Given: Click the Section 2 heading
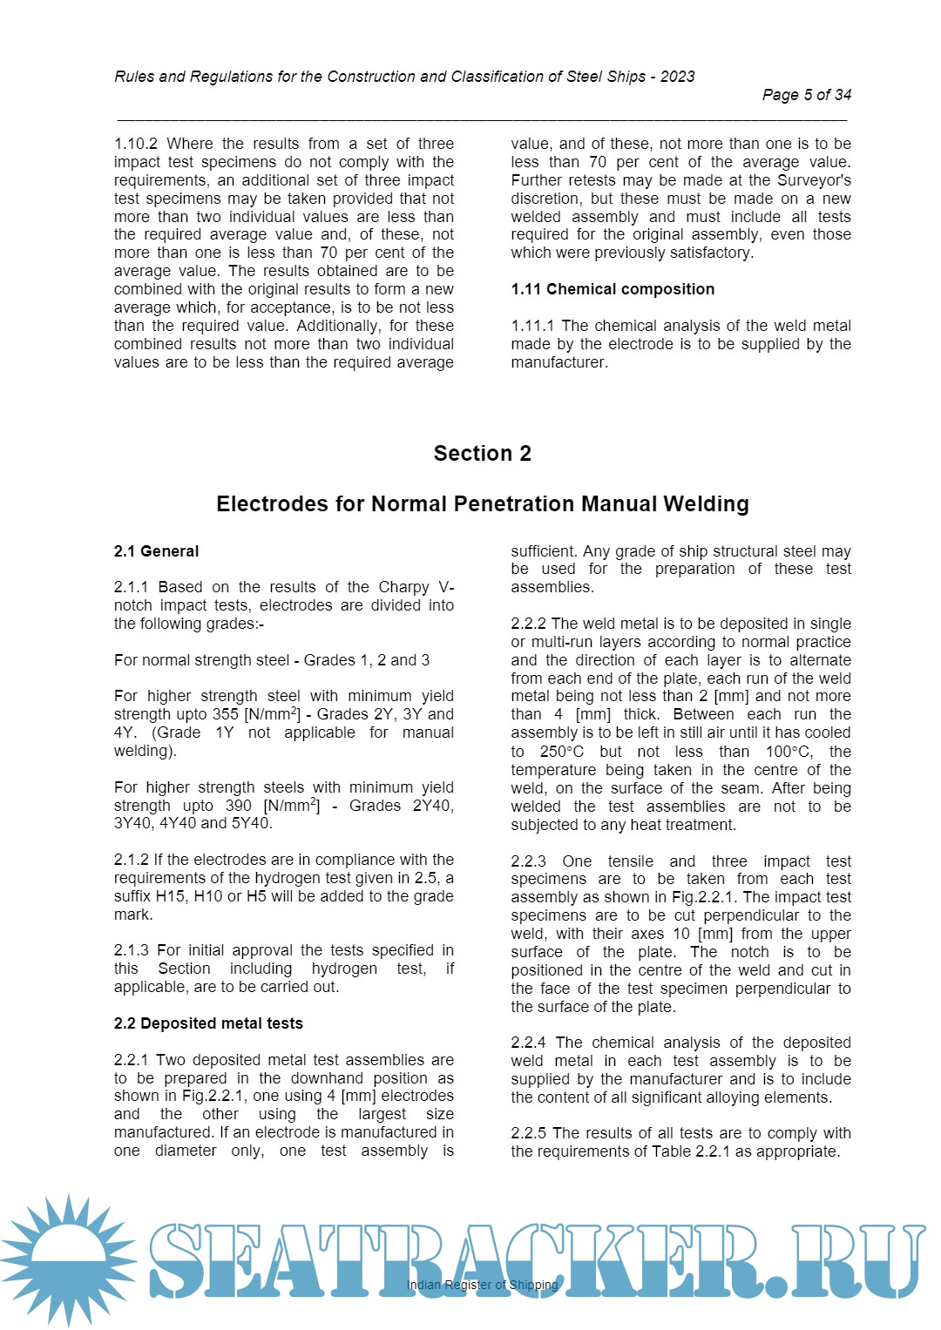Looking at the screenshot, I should (x=482, y=454).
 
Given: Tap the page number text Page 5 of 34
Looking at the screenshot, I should (x=806, y=95).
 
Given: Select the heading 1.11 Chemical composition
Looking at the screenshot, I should (x=613, y=289).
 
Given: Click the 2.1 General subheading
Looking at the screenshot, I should (x=156, y=551).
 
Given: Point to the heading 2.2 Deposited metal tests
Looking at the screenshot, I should (x=208, y=1023).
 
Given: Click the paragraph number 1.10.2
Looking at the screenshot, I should (x=135, y=144).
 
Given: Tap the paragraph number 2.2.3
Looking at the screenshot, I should (x=528, y=861).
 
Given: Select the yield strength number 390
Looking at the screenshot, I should (x=237, y=806).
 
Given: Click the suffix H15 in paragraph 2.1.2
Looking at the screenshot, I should (x=171, y=896).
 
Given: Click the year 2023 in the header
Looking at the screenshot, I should (x=677, y=77).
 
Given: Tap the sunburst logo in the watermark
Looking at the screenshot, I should (x=68, y=1259).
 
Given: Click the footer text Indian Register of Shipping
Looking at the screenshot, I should (x=482, y=1285).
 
